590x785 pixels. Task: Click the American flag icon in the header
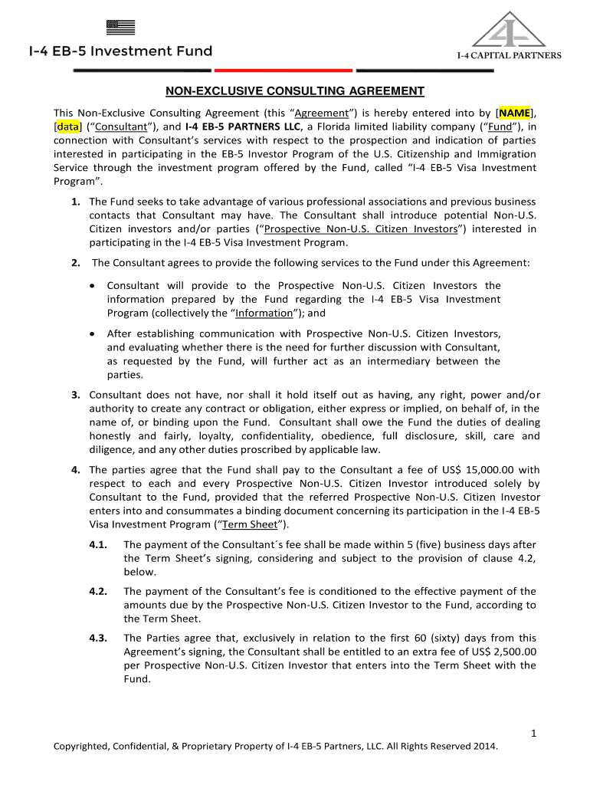click(121, 28)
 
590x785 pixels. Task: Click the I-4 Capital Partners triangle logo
click(509, 31)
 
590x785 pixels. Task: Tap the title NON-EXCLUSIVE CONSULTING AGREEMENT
click(295, 91)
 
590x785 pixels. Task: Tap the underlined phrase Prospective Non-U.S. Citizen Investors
click(360, 229)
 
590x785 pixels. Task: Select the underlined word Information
click(264, 313)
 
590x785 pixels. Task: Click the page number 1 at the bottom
click(533, 734)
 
